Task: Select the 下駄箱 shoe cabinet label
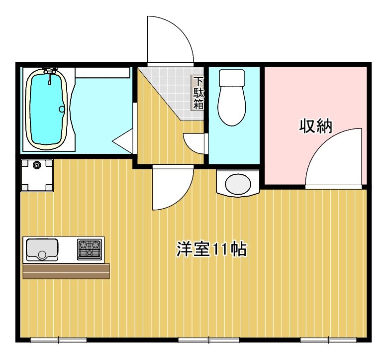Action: tap(198, 93)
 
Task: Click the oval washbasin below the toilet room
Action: tap(238, 183)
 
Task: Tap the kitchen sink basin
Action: tap(42, 249)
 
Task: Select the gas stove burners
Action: tap(90, 248)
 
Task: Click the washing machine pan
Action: tap(36, 175)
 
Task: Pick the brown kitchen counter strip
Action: tap(66, 271)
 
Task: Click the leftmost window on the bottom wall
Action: tap(59, 341)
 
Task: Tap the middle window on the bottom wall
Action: tap(208, 341)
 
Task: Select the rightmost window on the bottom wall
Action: tap(328, 341)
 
